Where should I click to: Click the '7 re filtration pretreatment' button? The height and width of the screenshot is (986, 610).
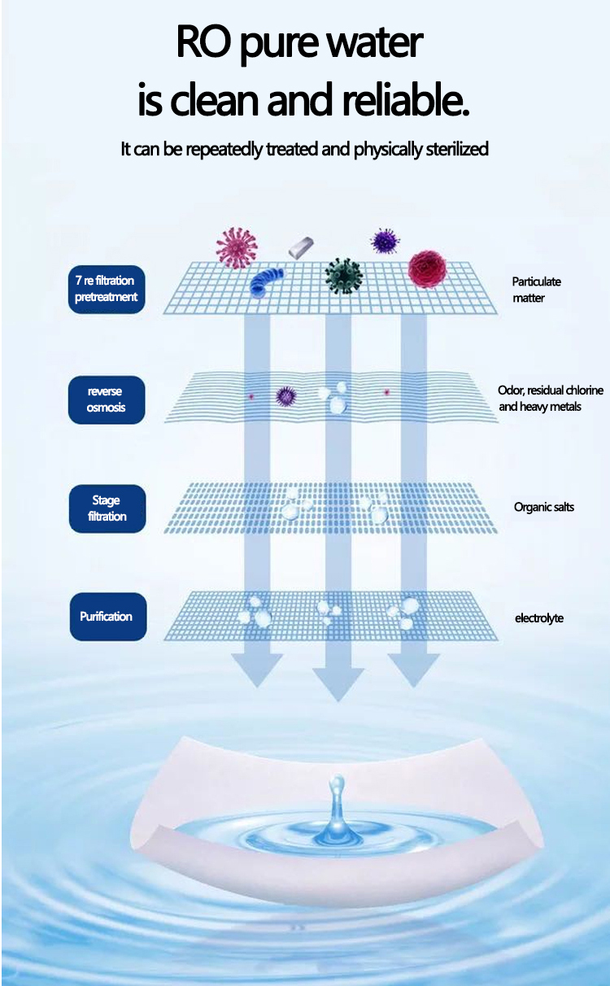coord(107,289)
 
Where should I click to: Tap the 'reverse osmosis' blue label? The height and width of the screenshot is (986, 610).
coord(107,399)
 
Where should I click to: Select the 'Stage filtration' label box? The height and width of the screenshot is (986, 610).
coord(107,508)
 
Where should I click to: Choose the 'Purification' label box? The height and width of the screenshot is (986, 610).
coord(107,617)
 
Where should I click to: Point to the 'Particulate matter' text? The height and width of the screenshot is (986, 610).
coord(536,290)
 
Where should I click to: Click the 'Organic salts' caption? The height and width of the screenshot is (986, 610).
coord(543,507)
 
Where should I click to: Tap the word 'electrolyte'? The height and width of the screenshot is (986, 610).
coord(538,618)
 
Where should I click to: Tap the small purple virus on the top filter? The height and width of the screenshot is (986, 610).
coord(385,240)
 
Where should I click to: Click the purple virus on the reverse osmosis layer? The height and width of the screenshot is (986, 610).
coord(285,395)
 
